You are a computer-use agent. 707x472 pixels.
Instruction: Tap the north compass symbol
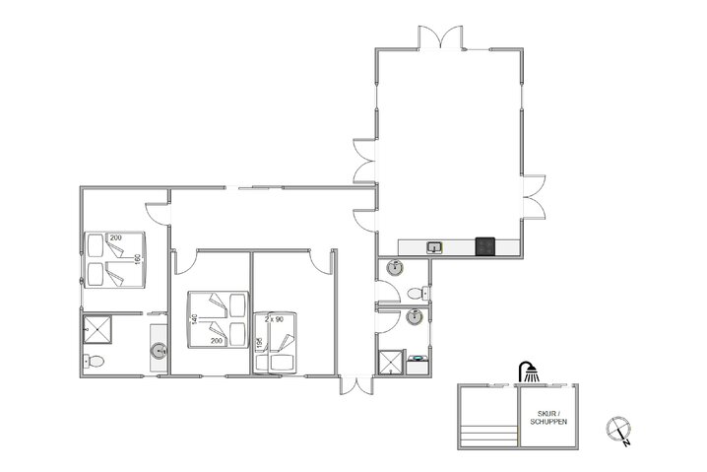coord(619,429)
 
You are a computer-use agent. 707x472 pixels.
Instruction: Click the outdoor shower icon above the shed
coord(530,371)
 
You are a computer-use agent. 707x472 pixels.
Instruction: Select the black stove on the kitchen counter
coord(484,245)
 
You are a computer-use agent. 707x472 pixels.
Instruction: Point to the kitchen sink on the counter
coord(433,246)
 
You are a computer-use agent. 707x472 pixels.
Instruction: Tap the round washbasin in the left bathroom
coord(158,349)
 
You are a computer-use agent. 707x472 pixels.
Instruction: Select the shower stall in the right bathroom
coord(391,362)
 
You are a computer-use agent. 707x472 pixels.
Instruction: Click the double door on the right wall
coord(533,197)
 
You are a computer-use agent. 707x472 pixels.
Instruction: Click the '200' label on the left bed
coord(116,238)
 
